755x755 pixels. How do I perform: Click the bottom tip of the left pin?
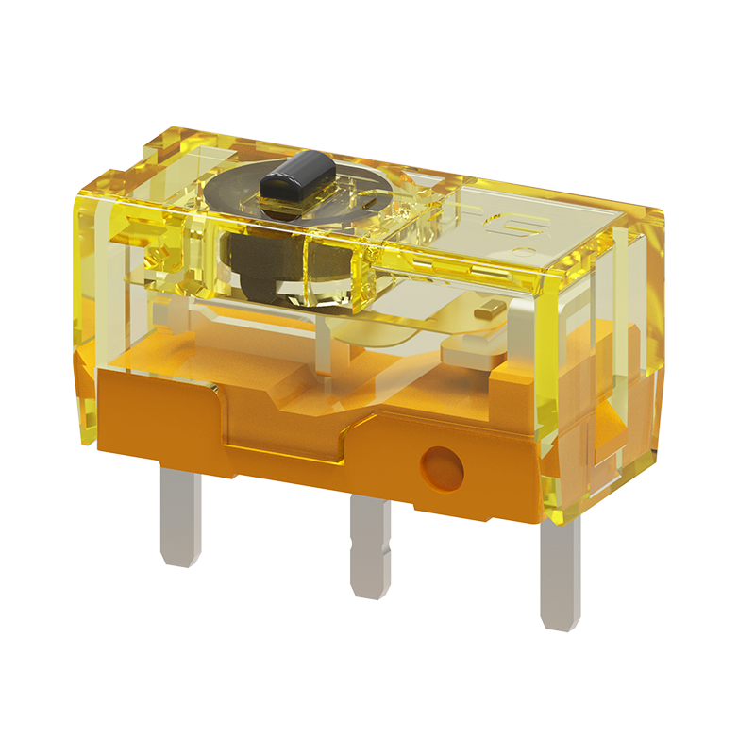click(179, 563)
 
